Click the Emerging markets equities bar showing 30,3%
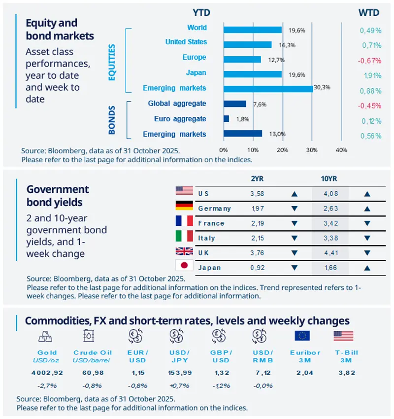[x=267, y=89]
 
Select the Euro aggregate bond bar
[x=226, y=119]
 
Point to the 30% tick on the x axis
[x=311, y=149]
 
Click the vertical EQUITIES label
[x=112, y=62]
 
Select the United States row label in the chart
[x=186, y=42]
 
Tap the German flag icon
[x=184, y=207]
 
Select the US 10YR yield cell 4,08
[x=330, y=194]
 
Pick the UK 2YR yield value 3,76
[x=258, y=253]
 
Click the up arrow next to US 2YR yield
[x=295, y=194]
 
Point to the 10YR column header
[x=329, y=178]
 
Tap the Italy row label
[x=206, y=238]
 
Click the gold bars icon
[x=47, y=336]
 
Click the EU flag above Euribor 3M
[x=302, y=336]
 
